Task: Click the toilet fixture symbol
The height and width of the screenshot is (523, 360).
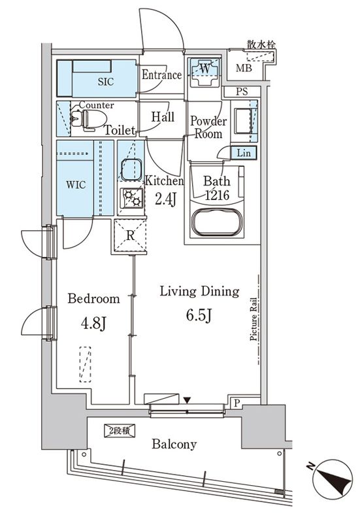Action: coord(88,118)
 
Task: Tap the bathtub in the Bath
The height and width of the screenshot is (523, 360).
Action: coord(217,222)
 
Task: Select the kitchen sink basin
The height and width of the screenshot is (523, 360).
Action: coord(131,170)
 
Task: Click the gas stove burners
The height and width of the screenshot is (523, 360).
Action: coord(133,197)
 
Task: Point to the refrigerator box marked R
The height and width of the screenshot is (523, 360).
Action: coord(130,235)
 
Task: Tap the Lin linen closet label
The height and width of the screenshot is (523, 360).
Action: coord(243,153)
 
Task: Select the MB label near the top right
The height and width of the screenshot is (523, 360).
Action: coord(244,69)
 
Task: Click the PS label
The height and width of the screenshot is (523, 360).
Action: coord(242,92)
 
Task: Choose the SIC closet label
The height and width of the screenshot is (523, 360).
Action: coord(106,82)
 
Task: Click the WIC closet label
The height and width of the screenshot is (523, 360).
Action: coord(76,184)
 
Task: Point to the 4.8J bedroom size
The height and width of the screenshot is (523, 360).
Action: coord(93,322)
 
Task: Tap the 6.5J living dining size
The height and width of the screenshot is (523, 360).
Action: coord(199,315)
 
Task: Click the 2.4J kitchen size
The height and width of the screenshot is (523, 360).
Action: coord(165,199)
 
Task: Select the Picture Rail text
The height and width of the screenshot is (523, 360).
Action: coord(254,319)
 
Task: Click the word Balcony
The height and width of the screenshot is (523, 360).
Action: coord(174,445)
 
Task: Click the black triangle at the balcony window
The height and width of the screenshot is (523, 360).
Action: coord(187,400)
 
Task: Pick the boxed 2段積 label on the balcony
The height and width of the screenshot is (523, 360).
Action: coord(120,431)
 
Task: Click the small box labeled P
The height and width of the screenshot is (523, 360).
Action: coord(237,403)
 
